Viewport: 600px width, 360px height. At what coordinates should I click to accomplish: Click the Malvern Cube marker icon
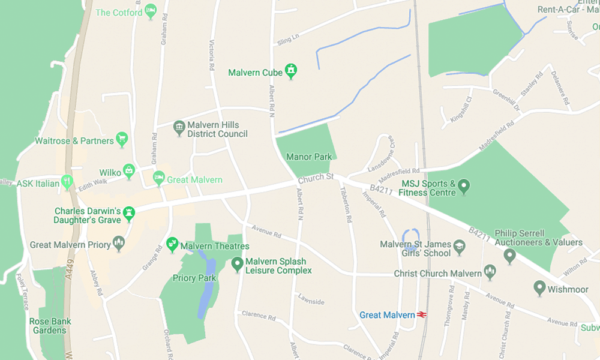[x=291, y=71]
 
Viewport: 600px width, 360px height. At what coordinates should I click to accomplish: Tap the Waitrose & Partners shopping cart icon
[x=122, y=139]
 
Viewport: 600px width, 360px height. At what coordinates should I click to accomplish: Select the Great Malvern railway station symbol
[x=422, y=314]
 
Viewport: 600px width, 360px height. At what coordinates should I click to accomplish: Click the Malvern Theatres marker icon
[x=172, y=244]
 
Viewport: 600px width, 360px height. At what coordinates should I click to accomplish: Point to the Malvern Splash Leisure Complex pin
[x=237, y=263]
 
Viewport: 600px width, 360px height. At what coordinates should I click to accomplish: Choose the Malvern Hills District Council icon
[x=179, y=128]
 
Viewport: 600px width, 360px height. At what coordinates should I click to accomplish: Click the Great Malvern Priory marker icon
[x=119, y=243]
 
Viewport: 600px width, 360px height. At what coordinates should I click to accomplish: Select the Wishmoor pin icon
[x=539, y=287]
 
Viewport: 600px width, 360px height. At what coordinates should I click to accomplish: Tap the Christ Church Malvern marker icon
[x=490, y=271]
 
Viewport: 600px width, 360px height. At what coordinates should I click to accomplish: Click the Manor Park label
[x=309, y=157]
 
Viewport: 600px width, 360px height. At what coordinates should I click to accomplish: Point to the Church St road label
[x=316, y=178]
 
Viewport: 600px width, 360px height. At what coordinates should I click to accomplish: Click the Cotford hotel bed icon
[x=151, y=11]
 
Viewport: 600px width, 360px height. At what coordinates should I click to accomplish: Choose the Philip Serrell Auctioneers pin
[x=510, y=256]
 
